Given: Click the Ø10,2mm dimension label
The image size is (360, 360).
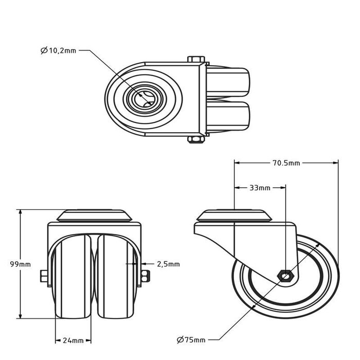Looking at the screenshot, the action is (58, 50).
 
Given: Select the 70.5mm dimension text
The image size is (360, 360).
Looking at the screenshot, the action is (286, 163).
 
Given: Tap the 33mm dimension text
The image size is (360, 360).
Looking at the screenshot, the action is (260, 188).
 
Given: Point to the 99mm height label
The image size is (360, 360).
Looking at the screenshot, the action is (20, 264).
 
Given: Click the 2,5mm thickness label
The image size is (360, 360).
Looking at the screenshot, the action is (168, 264).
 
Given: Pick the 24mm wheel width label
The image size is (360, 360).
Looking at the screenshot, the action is (73, 340).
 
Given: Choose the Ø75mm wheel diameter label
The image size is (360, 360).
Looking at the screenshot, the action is (191, 339).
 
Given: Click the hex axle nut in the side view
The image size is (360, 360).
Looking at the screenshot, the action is (285, 276).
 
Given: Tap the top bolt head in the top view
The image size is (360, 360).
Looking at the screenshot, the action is (196, 59).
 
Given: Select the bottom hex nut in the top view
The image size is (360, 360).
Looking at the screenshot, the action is (196, 139).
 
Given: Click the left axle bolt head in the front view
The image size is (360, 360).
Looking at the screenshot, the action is (44, 276).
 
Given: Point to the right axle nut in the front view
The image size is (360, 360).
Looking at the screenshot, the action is (146, 276).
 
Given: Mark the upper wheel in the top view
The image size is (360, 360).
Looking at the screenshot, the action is (228, 82).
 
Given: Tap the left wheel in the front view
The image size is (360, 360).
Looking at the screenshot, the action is (73, 276).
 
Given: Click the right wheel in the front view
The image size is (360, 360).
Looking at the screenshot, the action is (115, 276).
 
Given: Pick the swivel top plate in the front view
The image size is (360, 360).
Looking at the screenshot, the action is (94, 215).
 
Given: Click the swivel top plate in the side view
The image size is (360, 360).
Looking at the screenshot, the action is (234, 215).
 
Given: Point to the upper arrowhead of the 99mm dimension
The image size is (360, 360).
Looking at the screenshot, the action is (21, 212).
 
